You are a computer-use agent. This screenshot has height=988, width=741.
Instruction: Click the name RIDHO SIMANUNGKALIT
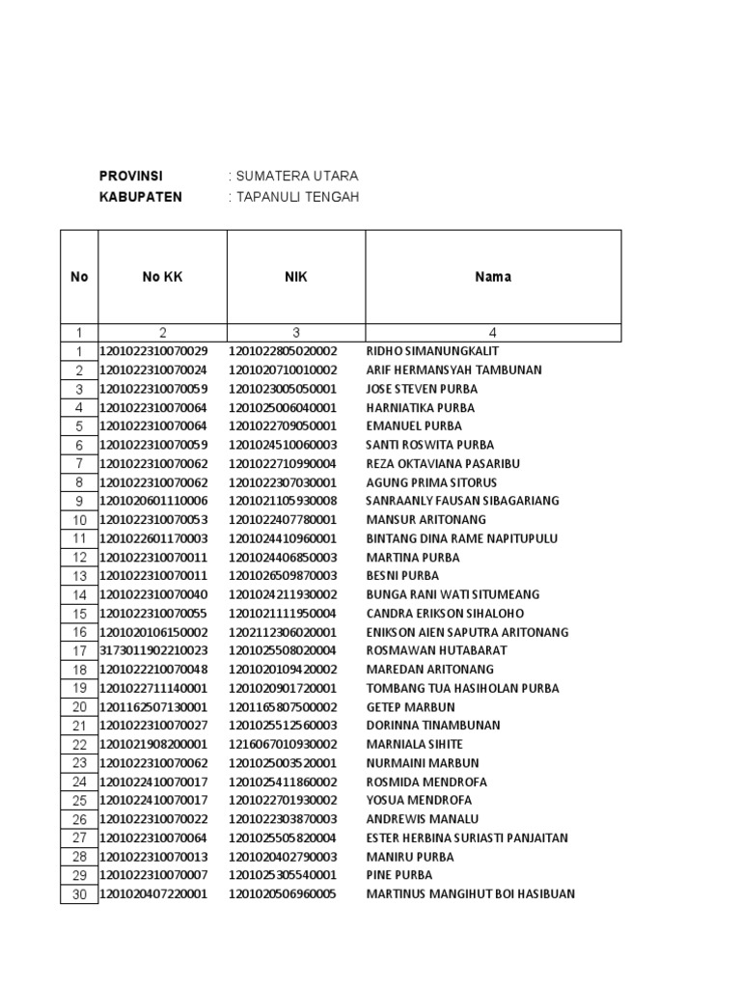[x=432, y=351]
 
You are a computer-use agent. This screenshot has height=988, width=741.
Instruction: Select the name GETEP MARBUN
[x=410, y=707]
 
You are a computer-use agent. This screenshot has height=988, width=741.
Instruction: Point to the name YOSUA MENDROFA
[x=419, y=801]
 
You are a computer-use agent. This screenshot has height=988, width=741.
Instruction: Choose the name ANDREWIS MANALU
[x=422, y=819]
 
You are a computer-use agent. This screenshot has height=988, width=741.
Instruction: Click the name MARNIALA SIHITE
[x=414, y=744]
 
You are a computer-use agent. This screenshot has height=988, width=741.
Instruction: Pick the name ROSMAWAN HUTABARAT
[x=436, y=650]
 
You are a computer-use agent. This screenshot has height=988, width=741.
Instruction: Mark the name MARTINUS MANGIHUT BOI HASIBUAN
[x=470, y=894]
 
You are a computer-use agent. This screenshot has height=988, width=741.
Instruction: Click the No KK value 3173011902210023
[x=153, y=650]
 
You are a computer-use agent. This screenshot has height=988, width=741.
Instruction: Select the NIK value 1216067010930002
[x=283, y=744]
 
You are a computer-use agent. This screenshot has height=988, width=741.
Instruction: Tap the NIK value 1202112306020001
[x=283, y=632]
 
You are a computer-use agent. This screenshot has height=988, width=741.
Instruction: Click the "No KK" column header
[x=162, y=277]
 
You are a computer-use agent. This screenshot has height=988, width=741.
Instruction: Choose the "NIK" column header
[x=295, y=277]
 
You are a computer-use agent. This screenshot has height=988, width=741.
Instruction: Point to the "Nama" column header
[x=492, y=277]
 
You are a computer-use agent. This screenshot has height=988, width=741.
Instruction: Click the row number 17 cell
[x=79, y=651]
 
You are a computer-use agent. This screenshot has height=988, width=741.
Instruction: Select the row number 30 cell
[x=79, y=895]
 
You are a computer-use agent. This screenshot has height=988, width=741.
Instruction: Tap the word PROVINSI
[x=131, y=177]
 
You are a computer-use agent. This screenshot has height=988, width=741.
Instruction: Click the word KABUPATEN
[x=140, y=198]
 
